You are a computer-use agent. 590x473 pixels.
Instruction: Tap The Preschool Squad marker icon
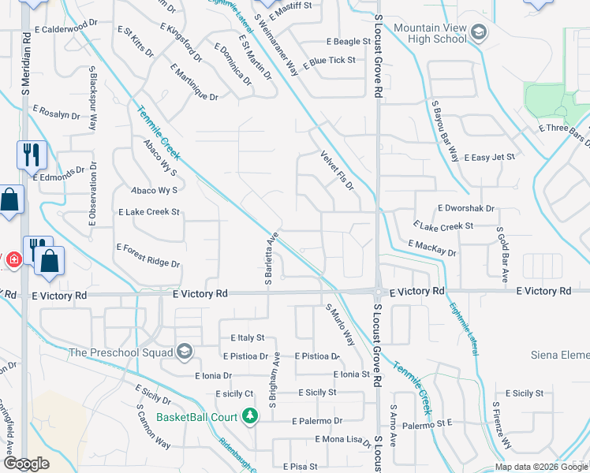[x=185, y=352]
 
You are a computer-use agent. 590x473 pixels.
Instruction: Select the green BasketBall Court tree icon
[x=250, y=415]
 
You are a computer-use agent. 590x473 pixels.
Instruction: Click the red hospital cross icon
[x=13, y=259]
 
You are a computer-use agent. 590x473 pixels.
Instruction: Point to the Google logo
[x=27, y=464]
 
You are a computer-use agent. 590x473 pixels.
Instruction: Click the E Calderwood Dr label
[x=70, y=29]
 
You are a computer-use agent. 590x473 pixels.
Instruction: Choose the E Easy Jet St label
[x=489, y=158]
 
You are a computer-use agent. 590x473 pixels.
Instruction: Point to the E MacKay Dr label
[x=432, y=249]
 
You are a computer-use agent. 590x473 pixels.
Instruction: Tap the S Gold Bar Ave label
[x=502, y=255]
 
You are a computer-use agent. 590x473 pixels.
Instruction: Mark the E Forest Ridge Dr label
[x=148, y=255]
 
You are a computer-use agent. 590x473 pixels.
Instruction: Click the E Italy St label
[x=248, y=337]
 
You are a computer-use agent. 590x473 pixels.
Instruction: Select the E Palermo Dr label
[x=318, y=422]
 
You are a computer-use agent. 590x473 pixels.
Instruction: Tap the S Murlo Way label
[x=340, y=325]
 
